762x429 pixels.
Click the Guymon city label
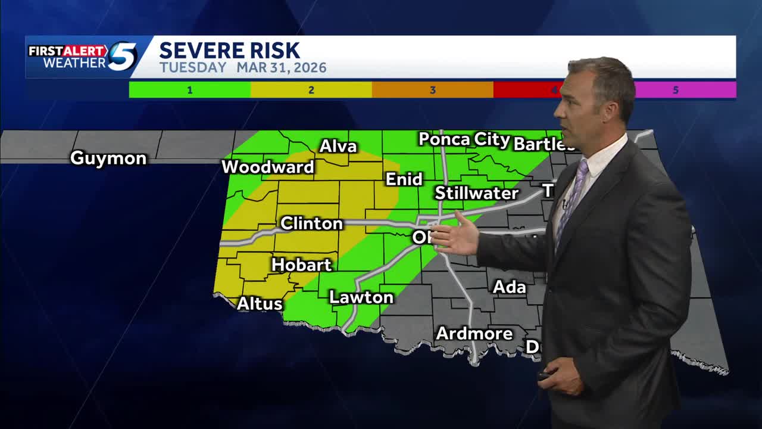coord(108,158)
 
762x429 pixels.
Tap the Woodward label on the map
coord(268,167)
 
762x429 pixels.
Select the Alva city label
coord(338,147)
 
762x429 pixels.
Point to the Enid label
coord(404,179)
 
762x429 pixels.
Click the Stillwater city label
coord(476,193)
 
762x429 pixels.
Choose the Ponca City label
coord(464,140)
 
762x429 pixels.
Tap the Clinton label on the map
coord(311,223)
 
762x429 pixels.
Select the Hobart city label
coord(301,265)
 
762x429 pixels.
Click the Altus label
coord(260,303)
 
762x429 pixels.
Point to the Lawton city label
coord(361,297)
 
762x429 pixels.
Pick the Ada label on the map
coord(509,287)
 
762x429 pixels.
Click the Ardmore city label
coord(474,333)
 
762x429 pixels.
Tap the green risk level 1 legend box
coord(190,90)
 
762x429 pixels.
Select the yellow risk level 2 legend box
coord(311,90)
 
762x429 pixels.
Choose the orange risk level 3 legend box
coord(433,90)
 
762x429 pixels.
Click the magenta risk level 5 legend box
coord(685,90)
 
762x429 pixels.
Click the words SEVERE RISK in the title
coord(229,51)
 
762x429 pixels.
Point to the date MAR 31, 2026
coord(282,68)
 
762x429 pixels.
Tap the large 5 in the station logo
coord(122,57)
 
